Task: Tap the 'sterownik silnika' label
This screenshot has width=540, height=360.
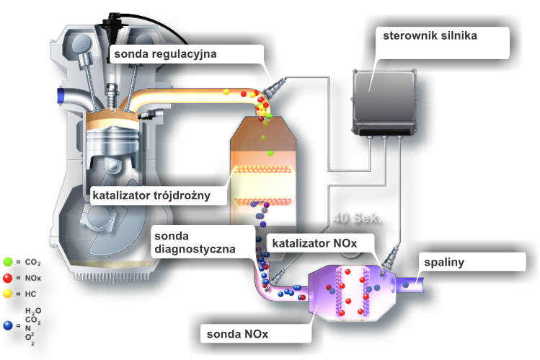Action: pyautogui.click(x=429, y=35)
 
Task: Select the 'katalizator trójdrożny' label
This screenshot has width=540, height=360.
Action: pyautogui.click(x=151, y=195)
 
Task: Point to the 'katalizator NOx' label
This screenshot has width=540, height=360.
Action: pyautogui.click(x=314, y=243)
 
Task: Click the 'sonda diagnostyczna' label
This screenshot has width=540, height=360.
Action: pyautogui.click(x=195, y=242)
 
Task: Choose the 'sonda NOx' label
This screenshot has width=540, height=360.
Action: pyautogui.click(x=237, y=334)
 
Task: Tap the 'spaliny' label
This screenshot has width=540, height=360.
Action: pyautogui.click(x=443, y=262)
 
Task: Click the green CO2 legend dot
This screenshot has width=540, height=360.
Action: pyautogui.click(x=8, y=261)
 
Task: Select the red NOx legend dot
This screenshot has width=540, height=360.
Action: pyautogui.click(x=8, y=278)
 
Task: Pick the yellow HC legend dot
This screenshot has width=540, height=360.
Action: pyautogui.click(x=8, y=294)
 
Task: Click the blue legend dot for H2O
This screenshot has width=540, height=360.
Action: pyautogui.click(x=8, y=326)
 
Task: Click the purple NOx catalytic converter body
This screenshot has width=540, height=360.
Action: pyautogui.click(x=346, y=292)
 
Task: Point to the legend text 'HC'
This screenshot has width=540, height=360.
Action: pyautogui.click(x=29, y=294)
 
